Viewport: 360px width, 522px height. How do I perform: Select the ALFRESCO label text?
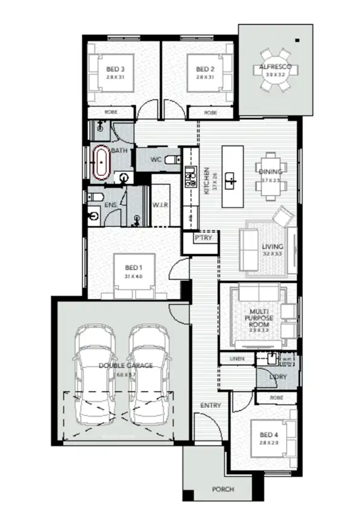pyautogui.click(x=275, y=65)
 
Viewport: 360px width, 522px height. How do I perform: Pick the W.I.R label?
pyautogui.click(x=160, y=206)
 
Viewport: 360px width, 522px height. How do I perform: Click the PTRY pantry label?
pyautogui.click(x=202, y=239)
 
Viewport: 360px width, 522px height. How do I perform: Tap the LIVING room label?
pyautogui.click(x=273, y=247)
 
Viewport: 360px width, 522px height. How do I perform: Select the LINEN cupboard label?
pyautogui.click(x=237, y=359)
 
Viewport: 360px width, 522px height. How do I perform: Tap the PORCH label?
pyautogui.click(x=222, y=489)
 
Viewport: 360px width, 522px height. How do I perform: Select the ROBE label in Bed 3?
pyautogui.click(x=110, y=113)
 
